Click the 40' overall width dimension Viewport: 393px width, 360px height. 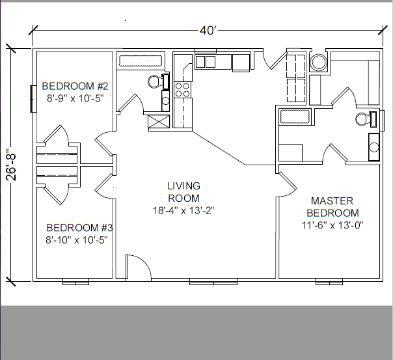[208, 31]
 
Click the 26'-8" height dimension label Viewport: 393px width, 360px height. [11, 165]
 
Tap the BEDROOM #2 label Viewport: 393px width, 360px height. [75, 86]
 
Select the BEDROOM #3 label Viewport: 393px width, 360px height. [79, 228]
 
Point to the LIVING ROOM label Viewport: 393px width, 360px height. [183, 192]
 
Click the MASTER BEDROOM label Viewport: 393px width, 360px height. [332, 207]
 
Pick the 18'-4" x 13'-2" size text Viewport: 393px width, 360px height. [183, 210]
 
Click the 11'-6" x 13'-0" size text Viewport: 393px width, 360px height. [332, 225]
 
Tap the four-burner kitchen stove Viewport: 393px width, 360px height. [182, 90]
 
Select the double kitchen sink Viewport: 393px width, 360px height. [205, 62]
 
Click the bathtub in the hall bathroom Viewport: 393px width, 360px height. [141, 61]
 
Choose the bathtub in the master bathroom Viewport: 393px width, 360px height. [295, 117]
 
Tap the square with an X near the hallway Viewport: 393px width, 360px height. [158, 122]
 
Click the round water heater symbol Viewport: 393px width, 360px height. [319, 62]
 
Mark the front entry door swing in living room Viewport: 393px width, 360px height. [139, 266]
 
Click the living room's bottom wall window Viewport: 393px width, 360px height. [213, 281]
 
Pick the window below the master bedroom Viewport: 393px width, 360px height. [329, 281]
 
